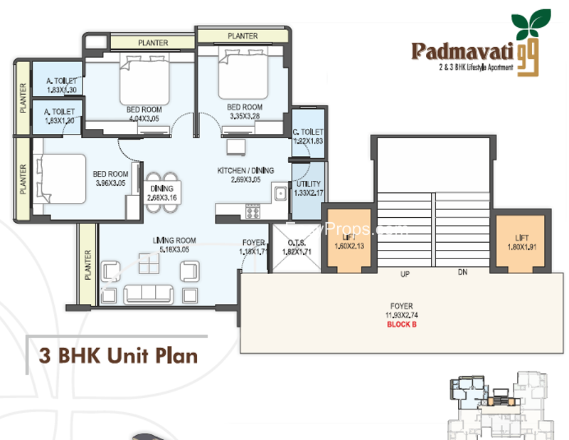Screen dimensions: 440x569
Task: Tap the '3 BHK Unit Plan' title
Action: click(113, 355)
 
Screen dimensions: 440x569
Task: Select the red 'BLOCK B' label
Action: click(403, 324)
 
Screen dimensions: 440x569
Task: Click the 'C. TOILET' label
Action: click(308, 132)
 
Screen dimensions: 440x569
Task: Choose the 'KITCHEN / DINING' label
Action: click(245, 171)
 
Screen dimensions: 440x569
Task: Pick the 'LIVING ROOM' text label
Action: click(174, 241)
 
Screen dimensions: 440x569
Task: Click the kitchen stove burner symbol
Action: click(252, 211)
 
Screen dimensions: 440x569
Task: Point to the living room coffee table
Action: click(149, 268)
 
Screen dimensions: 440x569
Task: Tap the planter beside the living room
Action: click(88, 264)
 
